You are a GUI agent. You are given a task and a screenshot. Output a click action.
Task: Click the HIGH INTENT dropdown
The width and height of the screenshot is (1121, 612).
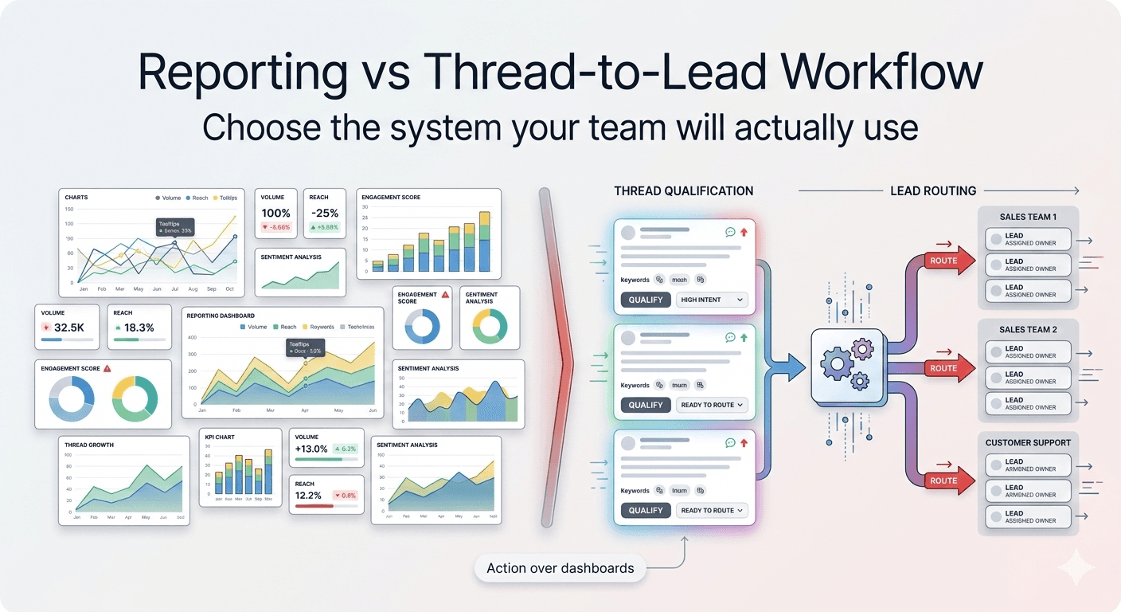point(712,300)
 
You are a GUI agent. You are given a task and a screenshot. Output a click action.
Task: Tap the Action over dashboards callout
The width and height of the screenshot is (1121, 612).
point(560,568)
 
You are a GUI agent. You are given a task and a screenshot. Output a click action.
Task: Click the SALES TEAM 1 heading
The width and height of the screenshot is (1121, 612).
point(1028,217)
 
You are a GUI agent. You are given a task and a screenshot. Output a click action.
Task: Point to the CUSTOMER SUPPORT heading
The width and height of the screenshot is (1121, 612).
point(1028,442)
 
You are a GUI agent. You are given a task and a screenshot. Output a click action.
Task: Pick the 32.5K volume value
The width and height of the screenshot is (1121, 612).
point(69,328)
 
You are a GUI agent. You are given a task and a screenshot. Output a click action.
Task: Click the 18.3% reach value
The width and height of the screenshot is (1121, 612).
point(139,328)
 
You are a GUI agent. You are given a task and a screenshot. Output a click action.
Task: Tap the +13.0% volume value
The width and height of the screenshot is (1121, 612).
point(311,449)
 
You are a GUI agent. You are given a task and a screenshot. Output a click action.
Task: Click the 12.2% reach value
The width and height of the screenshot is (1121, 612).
point(308,495)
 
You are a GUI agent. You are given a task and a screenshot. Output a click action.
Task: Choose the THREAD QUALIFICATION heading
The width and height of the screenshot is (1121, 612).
point(683,191)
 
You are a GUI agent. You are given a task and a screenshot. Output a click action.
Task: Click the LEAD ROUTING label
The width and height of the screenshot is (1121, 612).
point(933,191)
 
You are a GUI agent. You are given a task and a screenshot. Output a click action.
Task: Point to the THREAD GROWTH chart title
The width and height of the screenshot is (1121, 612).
point(89,445)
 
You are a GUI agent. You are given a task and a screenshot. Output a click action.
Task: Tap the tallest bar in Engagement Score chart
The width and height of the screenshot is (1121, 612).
point(484,241)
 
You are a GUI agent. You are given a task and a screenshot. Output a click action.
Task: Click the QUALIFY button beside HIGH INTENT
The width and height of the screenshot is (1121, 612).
point(645,300)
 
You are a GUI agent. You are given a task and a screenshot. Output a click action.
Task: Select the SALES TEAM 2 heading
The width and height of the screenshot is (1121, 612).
point(1028,329)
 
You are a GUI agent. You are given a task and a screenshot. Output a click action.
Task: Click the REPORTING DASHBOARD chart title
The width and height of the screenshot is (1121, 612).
point(221,316)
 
